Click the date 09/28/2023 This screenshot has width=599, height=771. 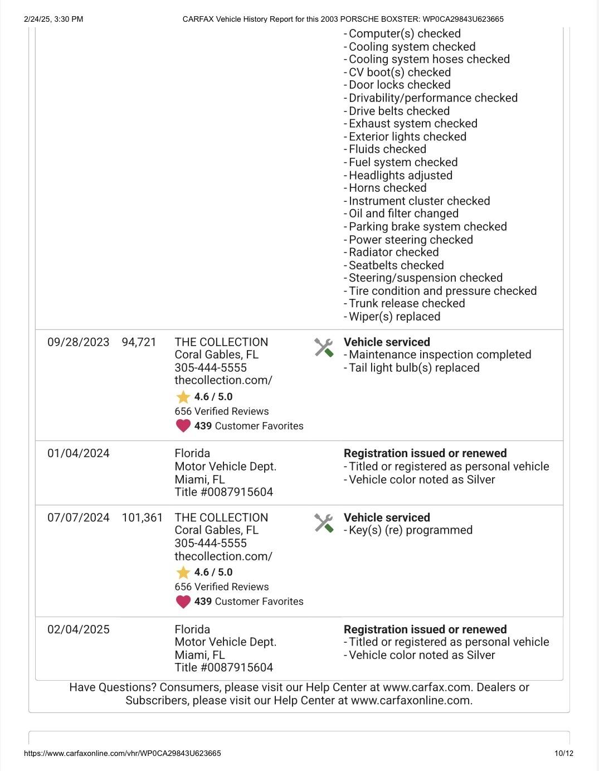click(78, 342)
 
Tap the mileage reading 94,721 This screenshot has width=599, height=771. click(139, 342)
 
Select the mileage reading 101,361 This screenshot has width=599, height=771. click(142, 518)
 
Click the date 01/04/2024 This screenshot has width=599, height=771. click(78, 454)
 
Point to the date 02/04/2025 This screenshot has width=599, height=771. click(78, 630)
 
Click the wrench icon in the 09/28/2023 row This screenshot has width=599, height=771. click(324, 348)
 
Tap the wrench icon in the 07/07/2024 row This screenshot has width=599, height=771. click(324, 523)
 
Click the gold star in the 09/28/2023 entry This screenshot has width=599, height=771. click(183, 397)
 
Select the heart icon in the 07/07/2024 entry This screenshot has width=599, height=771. click(183, 602)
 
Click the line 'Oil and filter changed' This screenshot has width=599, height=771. click(403, 214)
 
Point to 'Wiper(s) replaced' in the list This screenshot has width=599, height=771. click(394, 317)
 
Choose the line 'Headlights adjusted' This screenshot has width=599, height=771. click(400, 176)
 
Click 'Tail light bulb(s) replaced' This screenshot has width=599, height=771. click(413, 368)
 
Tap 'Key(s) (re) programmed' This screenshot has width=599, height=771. click(410, 530)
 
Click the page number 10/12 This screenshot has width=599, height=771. click(563, 754)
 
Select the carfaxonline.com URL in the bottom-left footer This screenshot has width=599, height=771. click(123, 754)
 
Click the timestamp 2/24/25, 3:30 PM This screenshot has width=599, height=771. click(53, 20)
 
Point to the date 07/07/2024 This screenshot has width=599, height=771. click(78, 518)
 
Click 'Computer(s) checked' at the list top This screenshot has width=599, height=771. click(405, 34)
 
